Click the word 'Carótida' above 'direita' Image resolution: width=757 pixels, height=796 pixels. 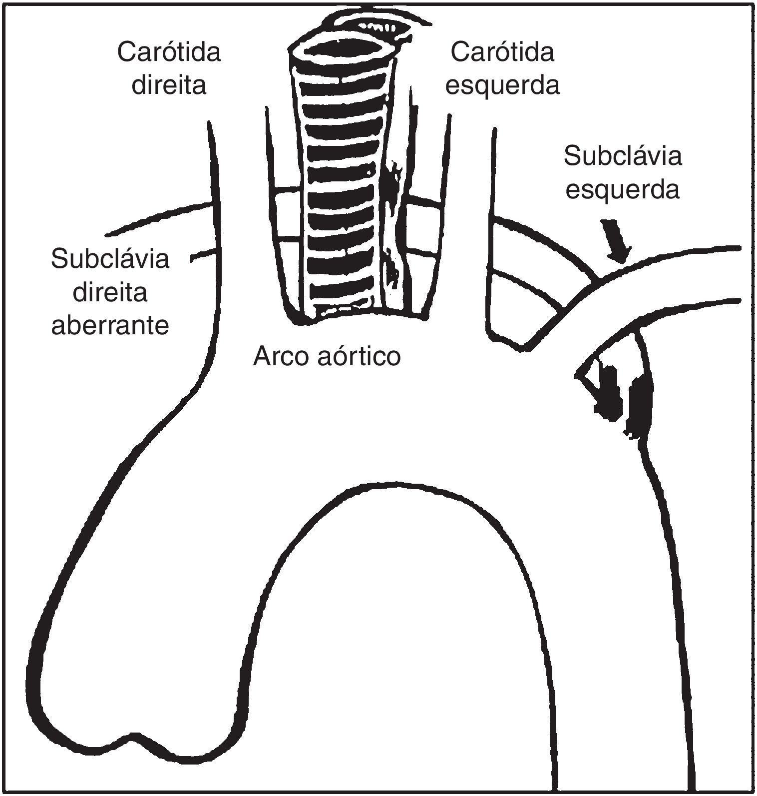169,52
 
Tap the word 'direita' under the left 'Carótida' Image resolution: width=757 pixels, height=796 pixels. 169,85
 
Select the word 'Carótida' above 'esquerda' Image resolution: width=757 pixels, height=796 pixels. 502,52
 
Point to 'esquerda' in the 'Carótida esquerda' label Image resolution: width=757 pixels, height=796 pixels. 502,85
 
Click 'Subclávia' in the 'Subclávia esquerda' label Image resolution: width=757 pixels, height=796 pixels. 622,156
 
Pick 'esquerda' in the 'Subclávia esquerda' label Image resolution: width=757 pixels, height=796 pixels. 622,190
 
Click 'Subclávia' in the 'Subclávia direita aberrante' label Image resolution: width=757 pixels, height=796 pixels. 110,259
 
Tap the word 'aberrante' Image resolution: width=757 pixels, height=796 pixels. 110,326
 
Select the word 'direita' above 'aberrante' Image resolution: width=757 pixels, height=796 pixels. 110,292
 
